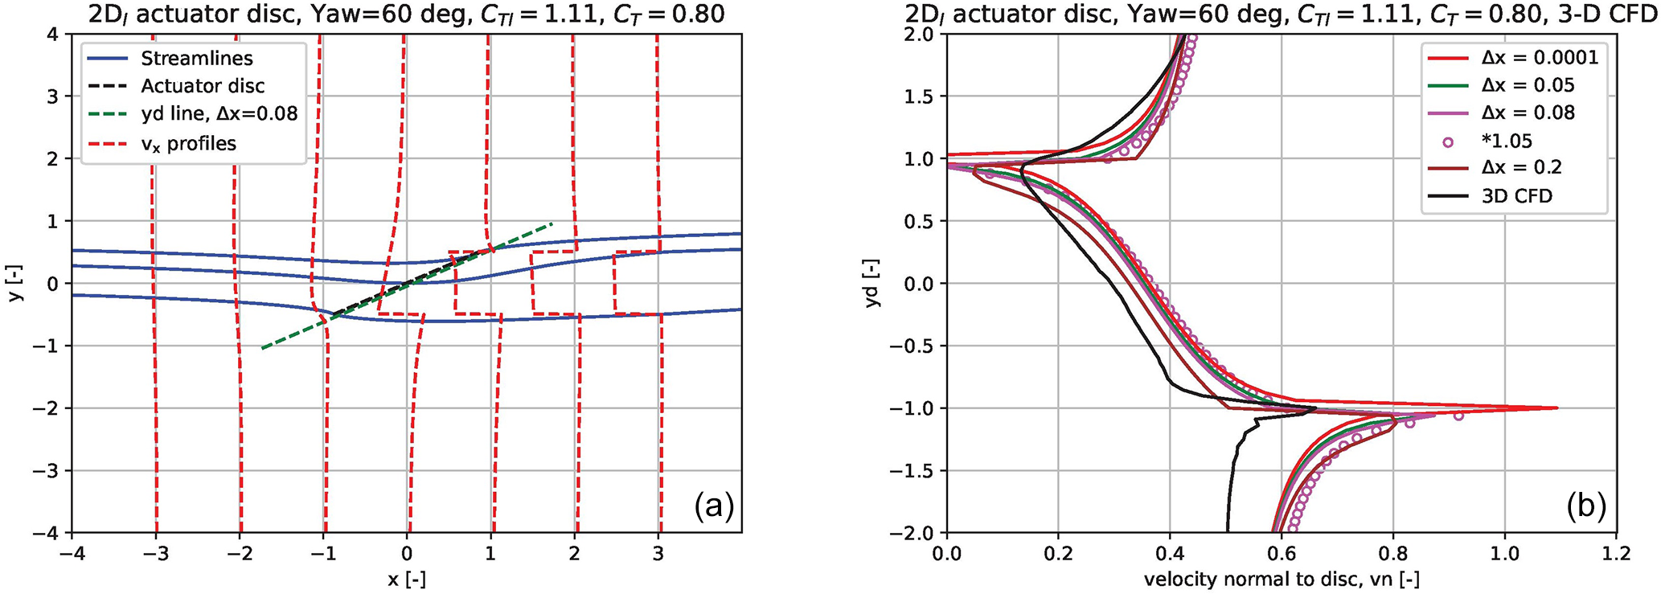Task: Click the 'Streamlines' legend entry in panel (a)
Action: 196,59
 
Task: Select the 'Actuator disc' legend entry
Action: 203,86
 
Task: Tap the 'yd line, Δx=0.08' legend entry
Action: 219,114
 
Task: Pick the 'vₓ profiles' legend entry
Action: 188,143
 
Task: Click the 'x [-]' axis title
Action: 407,580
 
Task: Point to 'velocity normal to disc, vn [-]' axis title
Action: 1281,580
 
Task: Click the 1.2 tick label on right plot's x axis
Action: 1615,555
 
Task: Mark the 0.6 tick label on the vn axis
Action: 1281,555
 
